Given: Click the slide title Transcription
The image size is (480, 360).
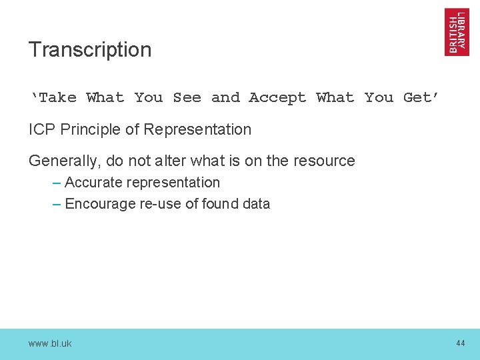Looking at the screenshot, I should (90, 50).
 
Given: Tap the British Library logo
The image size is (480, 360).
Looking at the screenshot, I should (457, 32).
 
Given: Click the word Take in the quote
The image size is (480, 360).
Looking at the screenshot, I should (57, 98).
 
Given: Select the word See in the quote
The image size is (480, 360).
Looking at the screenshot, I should (187, 98).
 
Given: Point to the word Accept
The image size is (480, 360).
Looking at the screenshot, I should (277, 98).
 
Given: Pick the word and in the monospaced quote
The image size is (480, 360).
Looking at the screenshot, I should (225, 98).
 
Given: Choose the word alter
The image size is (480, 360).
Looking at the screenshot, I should (204, 161).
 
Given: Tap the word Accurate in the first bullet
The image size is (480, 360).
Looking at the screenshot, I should (91, 183).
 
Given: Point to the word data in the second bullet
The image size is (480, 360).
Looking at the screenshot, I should (256, 204).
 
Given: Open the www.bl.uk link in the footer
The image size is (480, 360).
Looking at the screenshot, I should (50, 343).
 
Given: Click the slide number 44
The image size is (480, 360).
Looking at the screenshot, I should (460, 343).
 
